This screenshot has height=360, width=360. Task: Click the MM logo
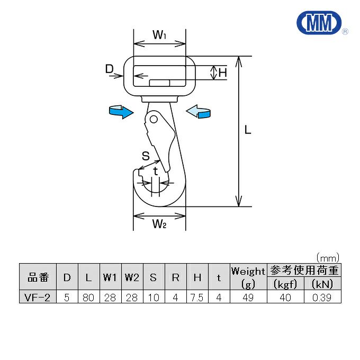pos(319,23)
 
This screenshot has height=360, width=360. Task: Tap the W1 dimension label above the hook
pos(159,34)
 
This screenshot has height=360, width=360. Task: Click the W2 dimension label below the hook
pos(159,223)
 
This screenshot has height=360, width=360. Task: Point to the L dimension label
pos(248,130)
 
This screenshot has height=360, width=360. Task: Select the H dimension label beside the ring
pos(223,73)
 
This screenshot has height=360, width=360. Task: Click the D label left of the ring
pos(110,68)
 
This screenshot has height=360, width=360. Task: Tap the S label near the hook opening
pos(146,156)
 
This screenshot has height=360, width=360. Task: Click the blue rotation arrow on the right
pos(198,111)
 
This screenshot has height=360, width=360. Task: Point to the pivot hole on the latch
pos(154,120)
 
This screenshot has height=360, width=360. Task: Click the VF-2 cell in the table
pos(37,298)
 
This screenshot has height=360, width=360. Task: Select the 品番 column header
pos(38,277)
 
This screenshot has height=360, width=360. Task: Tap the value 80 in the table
pos(88,298)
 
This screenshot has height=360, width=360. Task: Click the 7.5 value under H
pos(197,298)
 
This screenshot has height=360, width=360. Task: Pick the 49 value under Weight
pos(248,298)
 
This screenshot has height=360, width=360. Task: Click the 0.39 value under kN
pos(322,298)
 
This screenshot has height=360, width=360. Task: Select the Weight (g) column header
pos(248,277)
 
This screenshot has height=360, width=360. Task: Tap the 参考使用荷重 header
pos(304,270)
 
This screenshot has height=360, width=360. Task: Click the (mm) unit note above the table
pos(328,258)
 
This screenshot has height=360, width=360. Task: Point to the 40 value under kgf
pos(285,298)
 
